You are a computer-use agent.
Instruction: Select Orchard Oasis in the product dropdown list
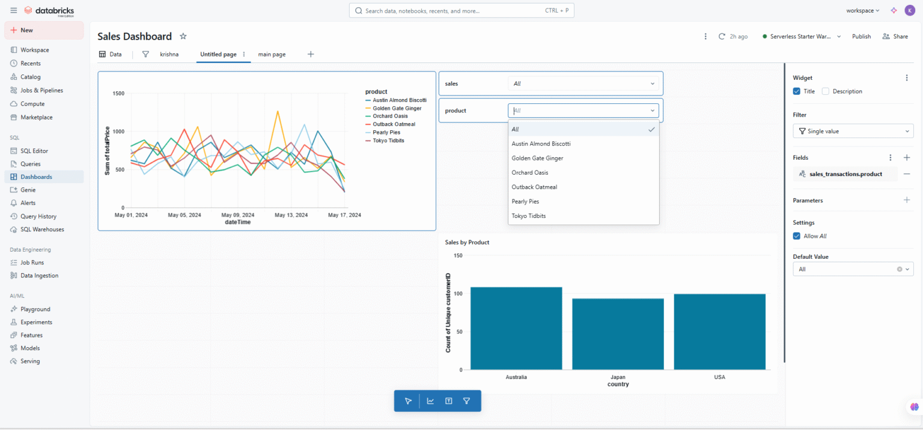527,172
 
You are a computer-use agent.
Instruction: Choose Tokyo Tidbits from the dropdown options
529,216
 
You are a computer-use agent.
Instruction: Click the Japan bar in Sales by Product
618,333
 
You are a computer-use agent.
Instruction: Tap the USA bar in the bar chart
719,332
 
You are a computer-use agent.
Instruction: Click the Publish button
861,37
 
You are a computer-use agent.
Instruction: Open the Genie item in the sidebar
28,190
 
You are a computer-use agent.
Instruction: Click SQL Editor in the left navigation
34,151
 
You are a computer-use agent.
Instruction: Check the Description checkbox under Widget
826,91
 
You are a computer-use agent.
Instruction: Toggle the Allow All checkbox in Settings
797,236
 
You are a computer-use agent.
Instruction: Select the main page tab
272,54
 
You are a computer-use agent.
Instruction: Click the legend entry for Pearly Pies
386,132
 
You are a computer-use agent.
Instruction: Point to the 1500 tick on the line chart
118,94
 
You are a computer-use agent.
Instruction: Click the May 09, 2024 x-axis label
238,214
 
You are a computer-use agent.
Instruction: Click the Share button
895,37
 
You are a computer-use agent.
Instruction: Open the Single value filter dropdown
853,131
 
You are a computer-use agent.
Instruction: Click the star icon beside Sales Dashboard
183,37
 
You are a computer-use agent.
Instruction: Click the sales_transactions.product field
845,174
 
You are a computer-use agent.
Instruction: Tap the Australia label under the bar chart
516,377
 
